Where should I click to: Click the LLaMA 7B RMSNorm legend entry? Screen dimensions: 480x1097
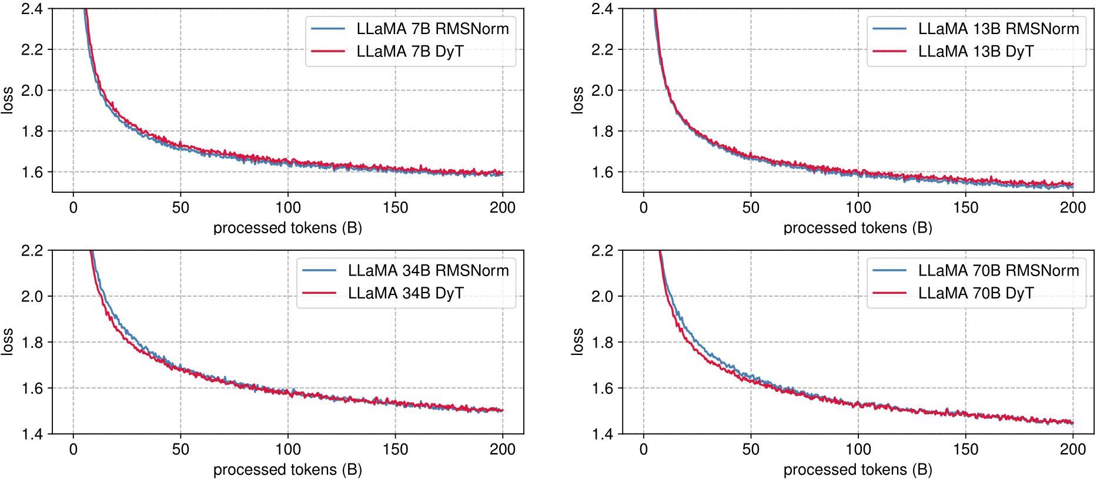click(x=432, y=29)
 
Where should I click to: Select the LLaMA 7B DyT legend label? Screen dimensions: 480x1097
click(x=410, y=52)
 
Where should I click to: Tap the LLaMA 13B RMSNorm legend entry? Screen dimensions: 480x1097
click(x=998, y=29)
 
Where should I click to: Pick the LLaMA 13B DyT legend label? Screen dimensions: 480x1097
click(x=976, y=52)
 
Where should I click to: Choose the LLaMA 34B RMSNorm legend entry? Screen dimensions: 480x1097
click(x=428, y=270)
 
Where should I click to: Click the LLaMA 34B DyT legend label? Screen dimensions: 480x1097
click(x=406, y=293)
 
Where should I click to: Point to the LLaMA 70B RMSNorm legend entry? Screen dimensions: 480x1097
click(x=998, y=270)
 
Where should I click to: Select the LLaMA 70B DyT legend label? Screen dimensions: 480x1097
click(x=976, y=293)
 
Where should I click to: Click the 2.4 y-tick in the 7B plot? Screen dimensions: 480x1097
click(x=32, y=9)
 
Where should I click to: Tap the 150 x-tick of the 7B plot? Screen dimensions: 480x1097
click(x=395, y=207)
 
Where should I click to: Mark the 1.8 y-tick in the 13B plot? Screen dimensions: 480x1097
click(x=603, y=131)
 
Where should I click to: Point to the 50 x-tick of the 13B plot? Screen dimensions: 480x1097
click(x=751, y=207)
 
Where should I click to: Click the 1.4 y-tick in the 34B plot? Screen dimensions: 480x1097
click(x=32, y=434)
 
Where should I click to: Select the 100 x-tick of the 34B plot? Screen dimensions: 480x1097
click(x=288, y=449)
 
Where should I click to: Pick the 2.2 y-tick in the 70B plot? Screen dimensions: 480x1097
click(x=603, y=251)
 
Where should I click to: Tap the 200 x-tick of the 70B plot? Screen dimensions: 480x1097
click(x=1073, y=449)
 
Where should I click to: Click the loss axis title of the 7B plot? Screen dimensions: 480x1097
click(x=7, y=100)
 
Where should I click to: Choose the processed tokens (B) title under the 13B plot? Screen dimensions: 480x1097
click(x=858, y=228)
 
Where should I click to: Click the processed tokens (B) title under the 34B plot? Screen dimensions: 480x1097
click(x=287, y=470)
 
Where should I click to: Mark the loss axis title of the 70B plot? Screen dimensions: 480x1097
click(x=577, y=342)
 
